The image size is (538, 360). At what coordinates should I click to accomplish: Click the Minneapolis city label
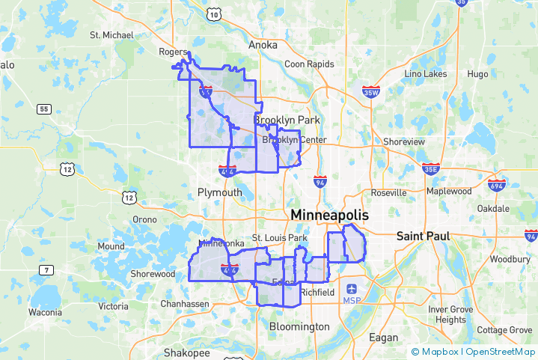pyautogui.click(x=329, y=215)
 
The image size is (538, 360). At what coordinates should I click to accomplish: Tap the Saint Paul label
pyautogui.click(x=423, y=236)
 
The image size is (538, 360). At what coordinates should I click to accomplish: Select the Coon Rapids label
pyautogui.click(x=308, y=64)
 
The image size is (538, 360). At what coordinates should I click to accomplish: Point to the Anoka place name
pyautogui.click(x=263, y=45)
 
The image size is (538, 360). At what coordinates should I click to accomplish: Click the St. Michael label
pyautogui.click(x=111, y=34)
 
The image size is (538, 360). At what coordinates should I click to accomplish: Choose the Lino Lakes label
pyautogui.click(x=425, y=73)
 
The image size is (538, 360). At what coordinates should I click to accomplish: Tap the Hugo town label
pyautogui.click(x=477, y=74)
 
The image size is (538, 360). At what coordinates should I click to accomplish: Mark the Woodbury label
pyautogui.click(x=510, y=259)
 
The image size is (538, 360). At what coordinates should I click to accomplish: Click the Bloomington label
pyautogui.click(x=299, y=326)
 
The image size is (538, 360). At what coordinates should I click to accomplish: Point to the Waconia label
pyautogui.click(x=45, y=311)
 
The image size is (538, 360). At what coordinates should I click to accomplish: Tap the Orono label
pyautogui.click(x=144, y=219)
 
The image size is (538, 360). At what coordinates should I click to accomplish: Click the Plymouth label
pyautogui.click(x=220, y=192)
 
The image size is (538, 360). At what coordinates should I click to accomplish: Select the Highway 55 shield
pyautogui.click(x=44, y=109)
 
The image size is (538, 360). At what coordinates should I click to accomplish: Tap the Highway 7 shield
pyautogui.click(x=46, y=270)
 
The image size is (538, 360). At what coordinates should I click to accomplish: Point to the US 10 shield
pyautogui.click(x=215, y=14)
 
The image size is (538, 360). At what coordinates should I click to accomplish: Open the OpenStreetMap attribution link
pyautogui.click(x=501, y=351)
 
